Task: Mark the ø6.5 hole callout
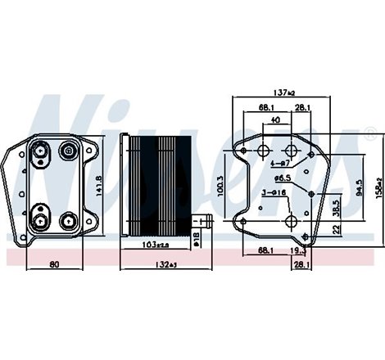283,178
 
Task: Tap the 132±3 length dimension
167,264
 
